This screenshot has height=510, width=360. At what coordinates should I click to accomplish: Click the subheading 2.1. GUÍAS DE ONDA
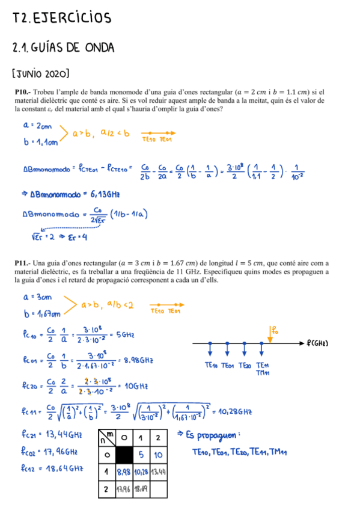(63, 48)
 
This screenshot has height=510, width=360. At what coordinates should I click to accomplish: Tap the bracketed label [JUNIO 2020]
(41, 74)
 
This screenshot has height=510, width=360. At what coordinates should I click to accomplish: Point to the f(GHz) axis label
(324, 343)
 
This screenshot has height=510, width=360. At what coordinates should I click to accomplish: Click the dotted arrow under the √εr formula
(63, 227)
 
